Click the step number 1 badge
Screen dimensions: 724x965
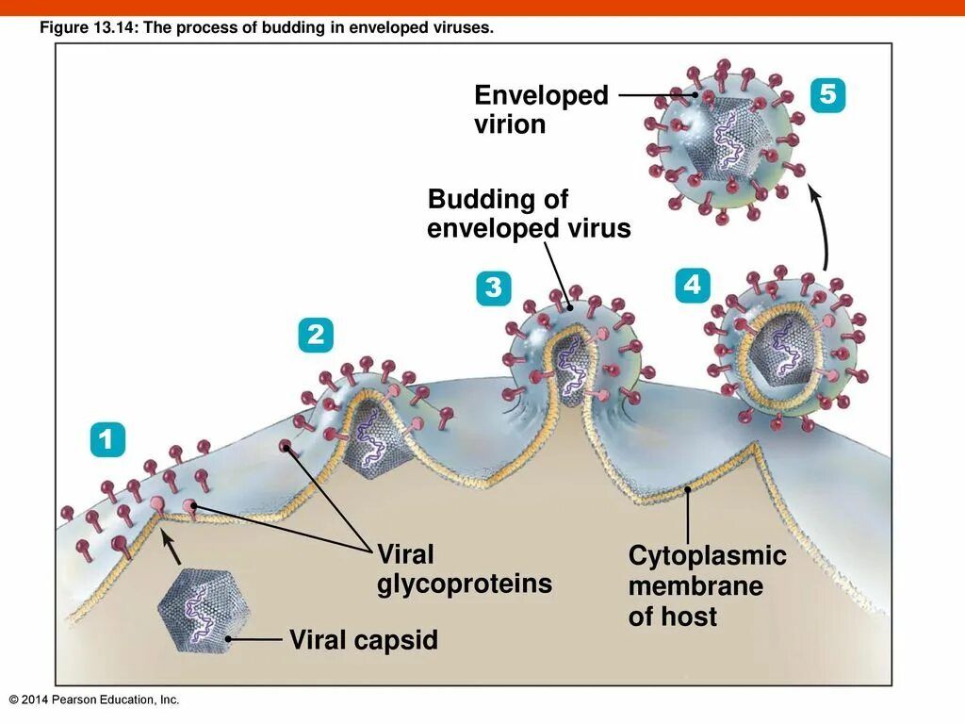click(107, 440)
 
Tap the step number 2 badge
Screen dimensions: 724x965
click(315, 335)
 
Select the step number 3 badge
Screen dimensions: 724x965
click(493, 288)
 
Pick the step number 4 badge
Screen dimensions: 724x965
click(692, 285)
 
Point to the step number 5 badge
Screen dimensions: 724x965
click(827, 95)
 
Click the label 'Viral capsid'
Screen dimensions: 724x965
click(363, 641)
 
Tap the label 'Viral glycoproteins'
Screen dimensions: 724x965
click(464, 568)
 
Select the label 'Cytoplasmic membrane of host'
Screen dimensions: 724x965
click(706, 585)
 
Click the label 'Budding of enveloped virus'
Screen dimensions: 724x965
click(528, 214)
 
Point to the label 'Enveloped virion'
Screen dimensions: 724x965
click(541, 109)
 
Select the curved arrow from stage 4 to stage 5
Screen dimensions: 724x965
click(823, 227)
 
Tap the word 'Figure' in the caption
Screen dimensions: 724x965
click(61, 29)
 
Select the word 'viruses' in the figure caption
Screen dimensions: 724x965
click(465, 29)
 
